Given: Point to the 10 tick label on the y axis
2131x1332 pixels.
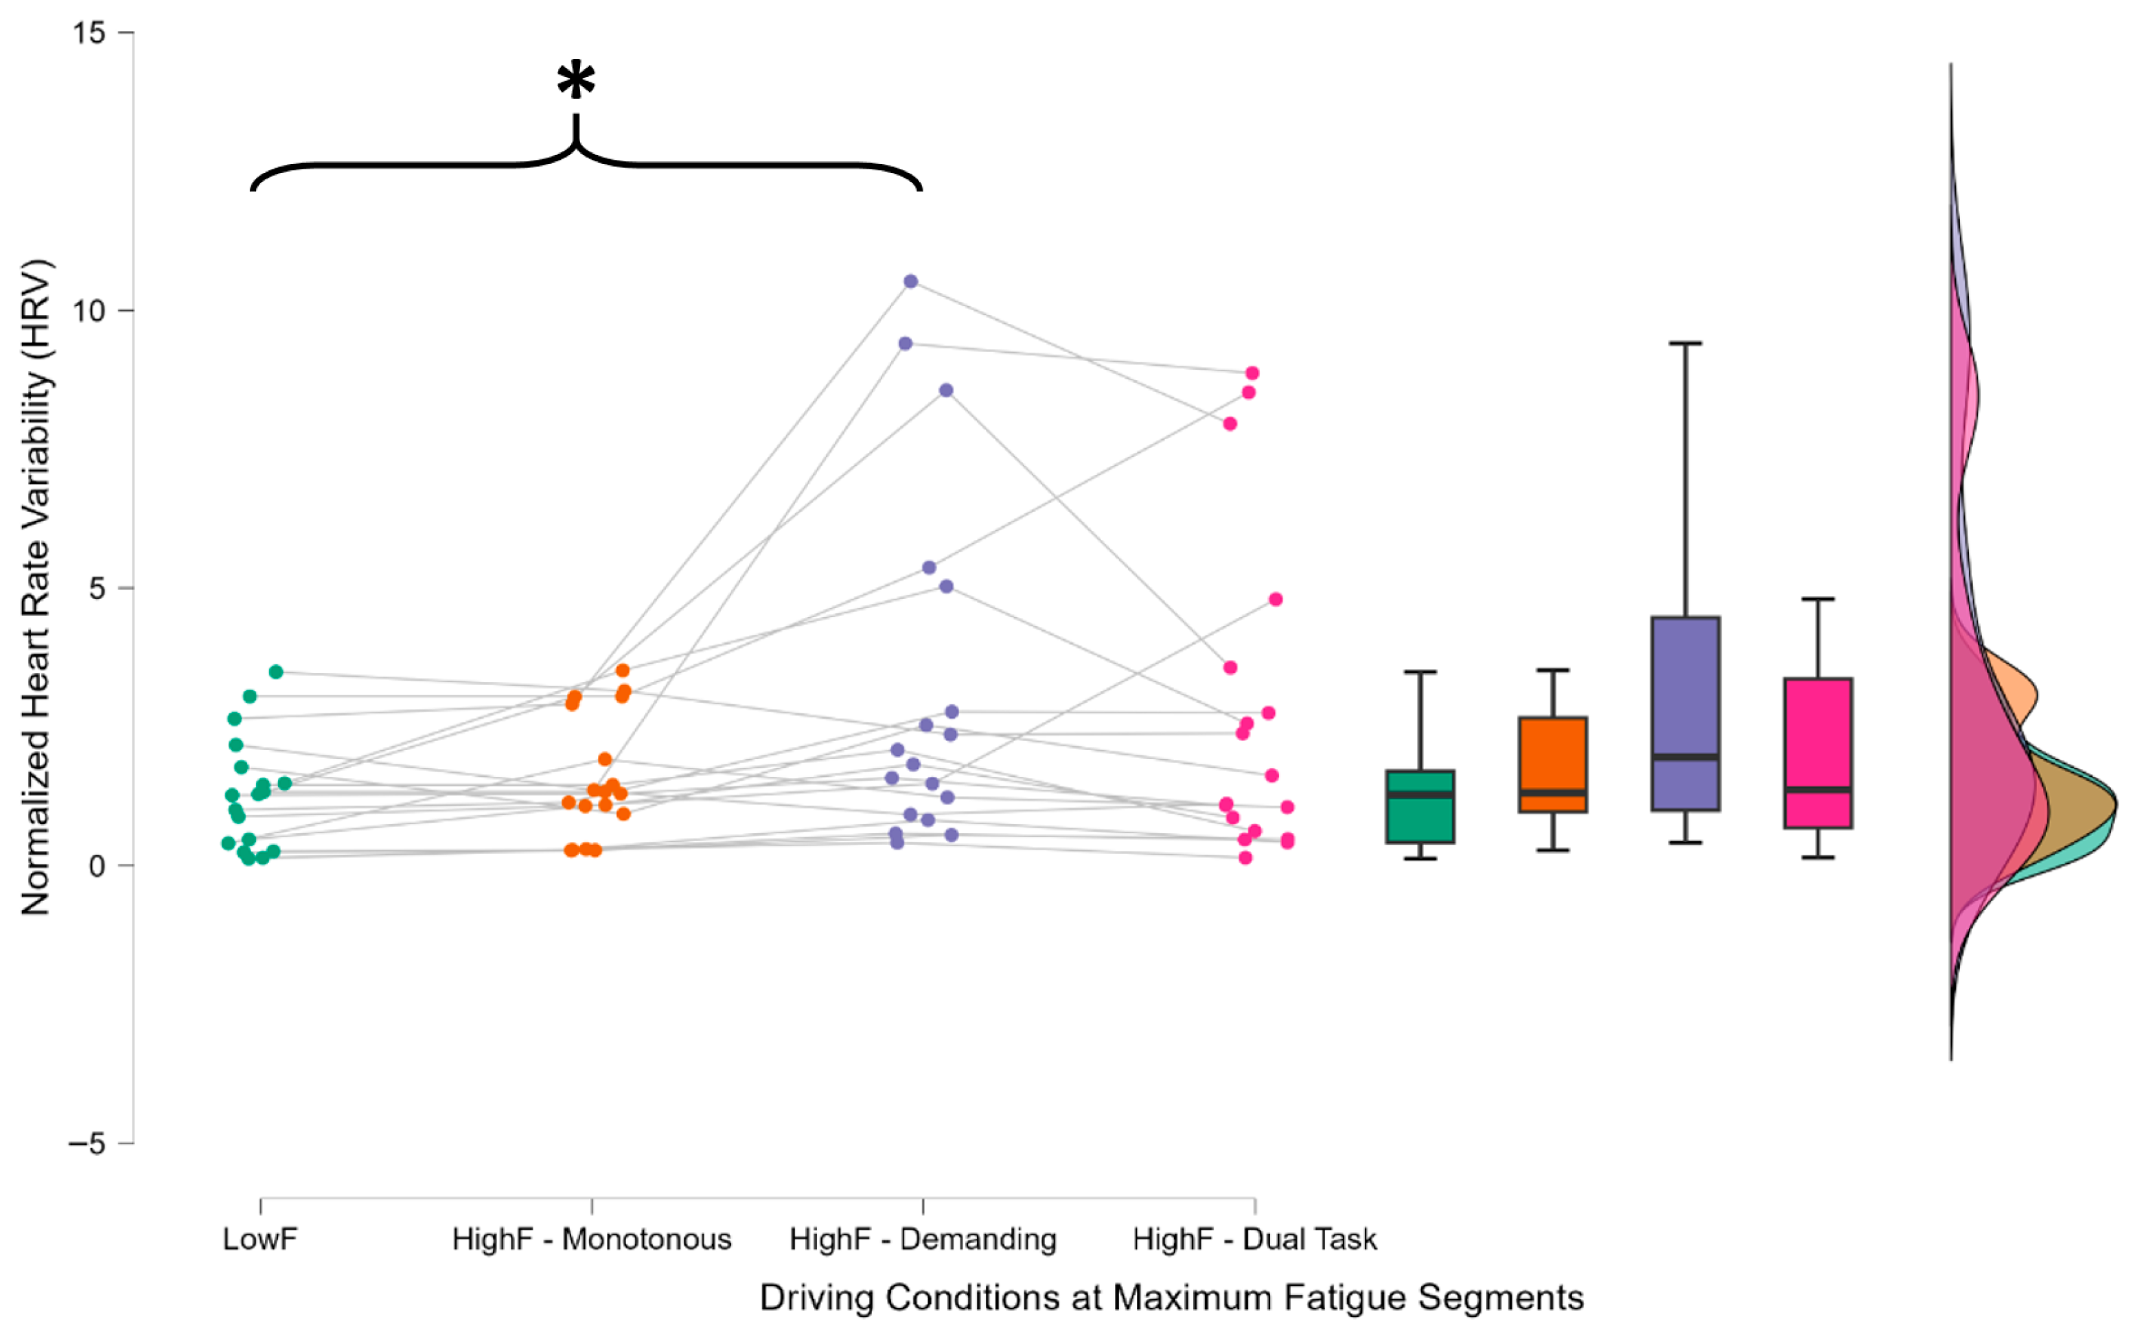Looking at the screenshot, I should pos(89,311).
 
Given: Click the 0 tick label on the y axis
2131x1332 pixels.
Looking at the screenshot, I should pos(97,866).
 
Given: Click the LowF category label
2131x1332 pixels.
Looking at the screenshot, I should pos(260,1239).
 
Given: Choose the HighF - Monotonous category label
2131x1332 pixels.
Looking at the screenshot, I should pos(591,1239).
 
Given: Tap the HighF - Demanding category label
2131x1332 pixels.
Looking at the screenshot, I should pos(923,1239).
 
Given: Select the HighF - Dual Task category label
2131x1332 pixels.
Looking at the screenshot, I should pos(1254,1239).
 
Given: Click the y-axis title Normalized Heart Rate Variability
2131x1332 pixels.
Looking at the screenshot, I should pos(36,587).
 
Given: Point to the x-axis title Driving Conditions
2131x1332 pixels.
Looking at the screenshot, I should pos(1171,1298).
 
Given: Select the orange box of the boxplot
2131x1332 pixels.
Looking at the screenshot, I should pos(1552,758).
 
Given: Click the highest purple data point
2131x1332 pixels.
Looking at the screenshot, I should pos(910,281).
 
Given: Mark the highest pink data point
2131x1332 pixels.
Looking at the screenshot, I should pos(1252,373).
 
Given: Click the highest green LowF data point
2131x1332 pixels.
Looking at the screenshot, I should pos(276,672).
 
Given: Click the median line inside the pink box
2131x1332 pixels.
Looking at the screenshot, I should pos(1818,789).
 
